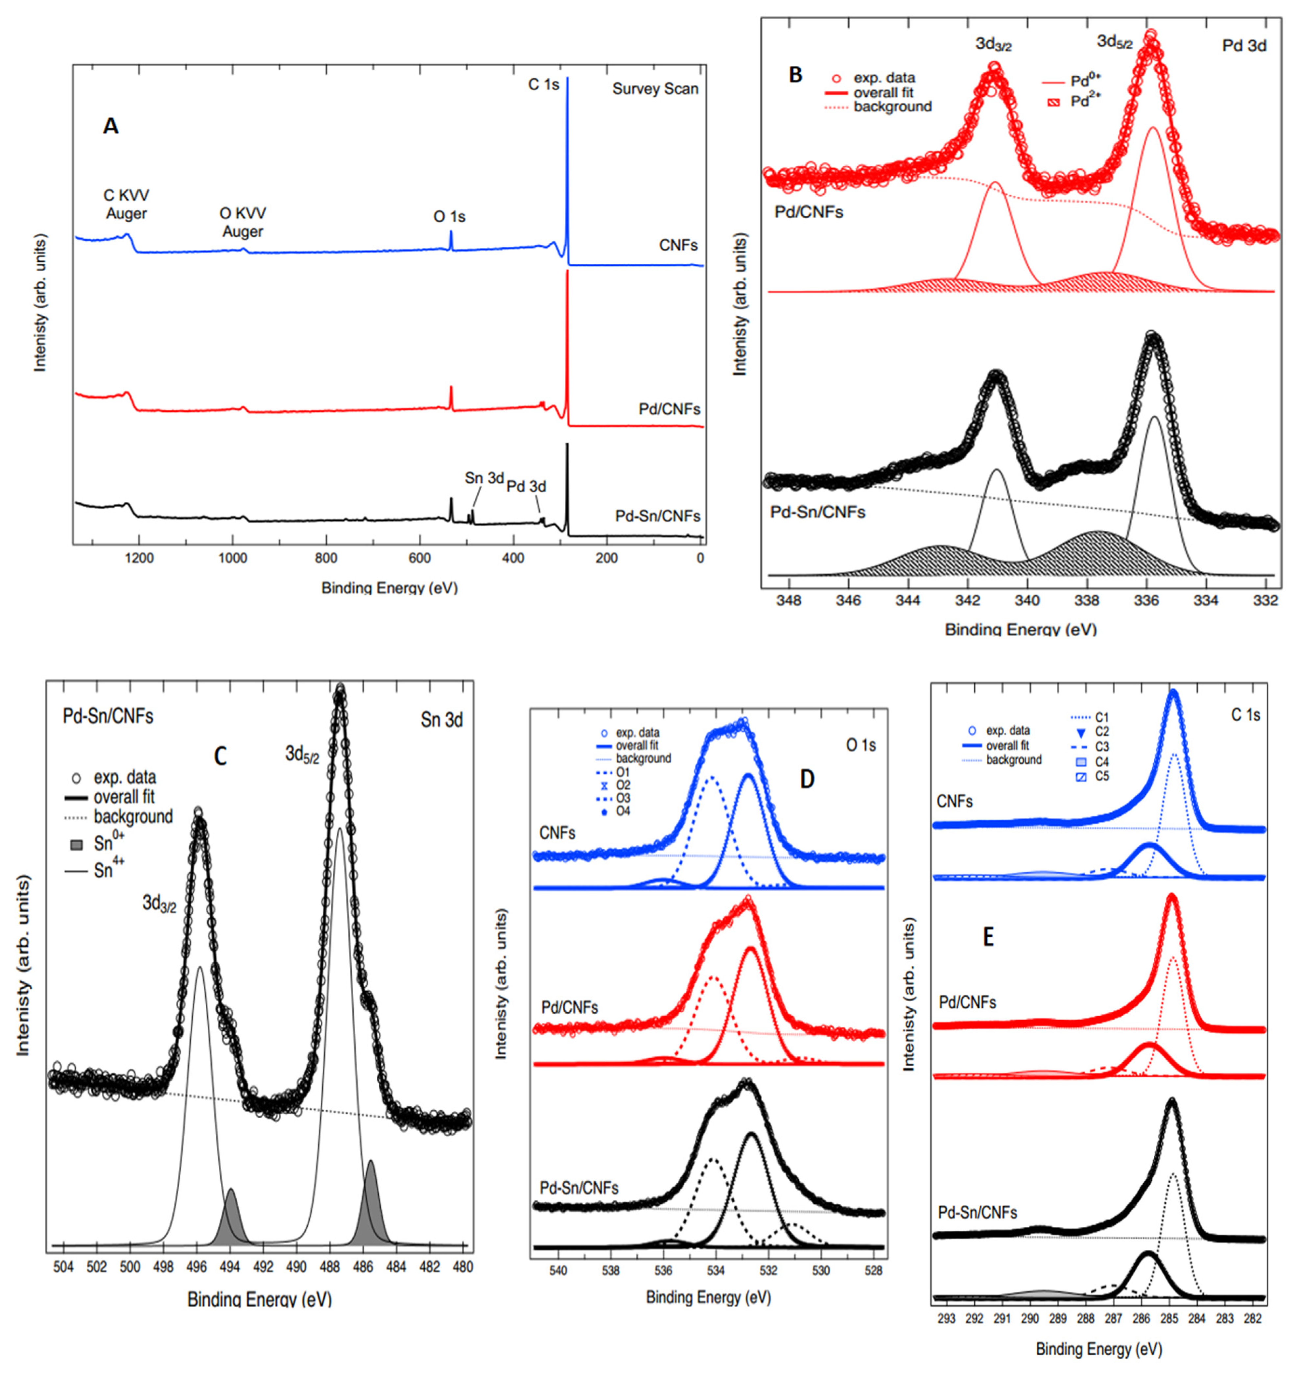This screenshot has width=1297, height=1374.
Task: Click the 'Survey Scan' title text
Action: point(655,89)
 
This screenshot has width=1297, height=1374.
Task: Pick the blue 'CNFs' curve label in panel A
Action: point(678,246)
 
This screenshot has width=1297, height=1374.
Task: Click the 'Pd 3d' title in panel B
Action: point(1244,46)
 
